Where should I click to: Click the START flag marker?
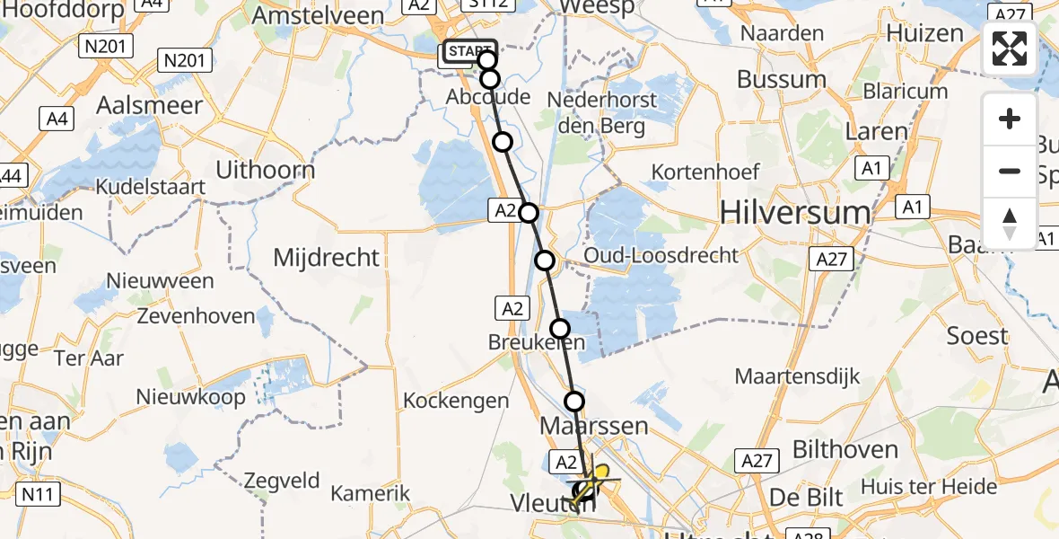(x=468, y=52)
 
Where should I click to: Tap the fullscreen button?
(x=1010, y=49)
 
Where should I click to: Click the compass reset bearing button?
(x=1010, y=223)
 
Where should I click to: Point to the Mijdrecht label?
(x=326, y=258)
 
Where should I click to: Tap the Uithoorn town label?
(x=266, y=170)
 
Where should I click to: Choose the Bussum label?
(x=781, y=79)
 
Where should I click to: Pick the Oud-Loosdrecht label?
(x=661, y=255)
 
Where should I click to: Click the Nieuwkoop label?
(x=190, y=396)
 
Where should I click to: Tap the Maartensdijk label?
(x=798, y=376)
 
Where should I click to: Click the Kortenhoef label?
(x=705, y=171)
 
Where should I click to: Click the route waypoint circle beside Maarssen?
(x=574, y=402)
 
